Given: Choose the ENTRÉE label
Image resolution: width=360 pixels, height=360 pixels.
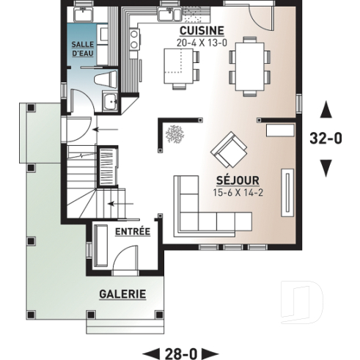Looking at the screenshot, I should (133, 232).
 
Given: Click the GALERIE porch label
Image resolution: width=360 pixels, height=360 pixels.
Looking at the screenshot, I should (122, 294).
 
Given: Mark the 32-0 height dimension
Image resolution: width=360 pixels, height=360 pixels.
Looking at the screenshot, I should (327, 139).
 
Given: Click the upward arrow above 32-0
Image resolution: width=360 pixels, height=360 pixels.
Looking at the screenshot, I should (327, 110).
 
